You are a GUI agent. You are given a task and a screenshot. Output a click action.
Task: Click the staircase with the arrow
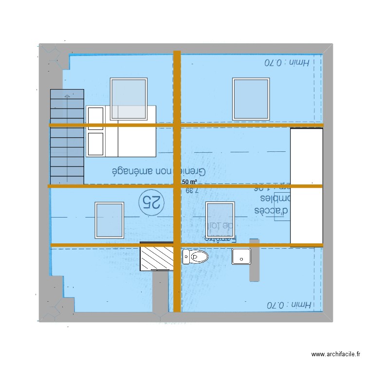67,136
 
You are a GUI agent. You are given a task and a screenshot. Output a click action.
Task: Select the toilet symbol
195,256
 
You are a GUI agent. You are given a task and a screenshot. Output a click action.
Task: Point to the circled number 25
151,201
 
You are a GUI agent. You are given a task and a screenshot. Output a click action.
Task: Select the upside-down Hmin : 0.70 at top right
287,62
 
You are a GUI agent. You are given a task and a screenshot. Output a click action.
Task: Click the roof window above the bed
129,99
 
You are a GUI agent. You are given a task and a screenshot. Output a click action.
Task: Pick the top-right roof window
251,99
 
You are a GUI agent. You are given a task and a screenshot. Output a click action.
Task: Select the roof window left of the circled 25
109,220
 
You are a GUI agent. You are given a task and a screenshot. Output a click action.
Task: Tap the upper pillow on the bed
95,118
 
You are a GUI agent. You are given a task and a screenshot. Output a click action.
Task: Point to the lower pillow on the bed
95,144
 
